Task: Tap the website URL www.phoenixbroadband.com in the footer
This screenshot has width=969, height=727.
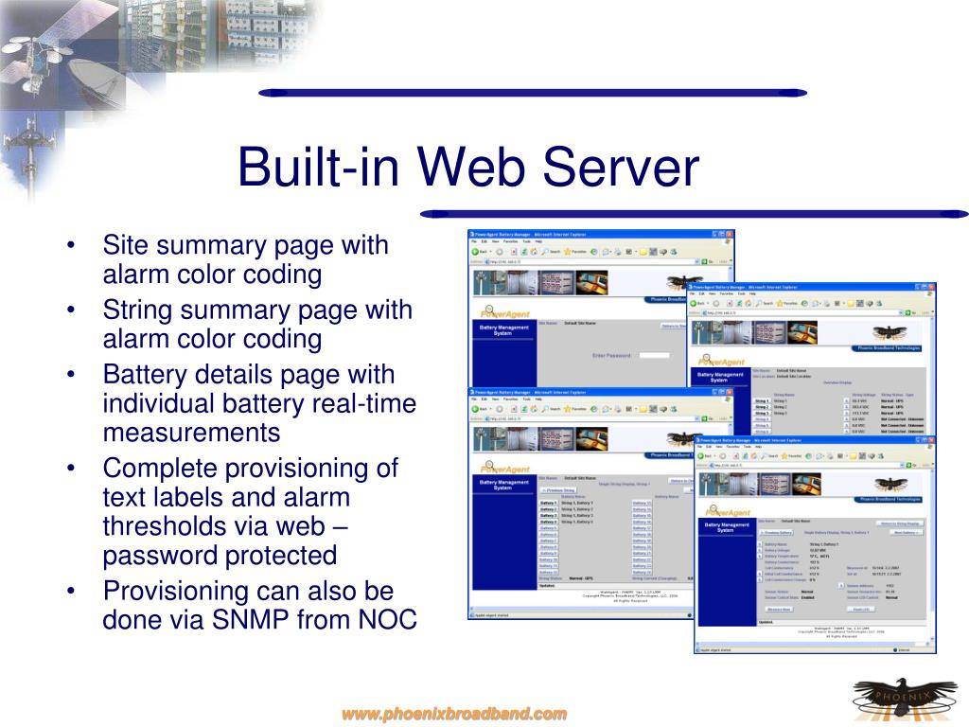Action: click(454, 713)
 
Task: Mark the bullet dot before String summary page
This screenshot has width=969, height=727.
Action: click(73, 310)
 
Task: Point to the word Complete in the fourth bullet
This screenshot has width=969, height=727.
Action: click(156, 468)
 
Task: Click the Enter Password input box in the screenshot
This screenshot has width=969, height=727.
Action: click(654, 355)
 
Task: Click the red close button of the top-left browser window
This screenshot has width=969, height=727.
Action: click(729, 233)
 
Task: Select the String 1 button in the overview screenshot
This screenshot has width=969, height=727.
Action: click(762, 401)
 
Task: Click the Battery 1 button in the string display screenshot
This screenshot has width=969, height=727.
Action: click(548, 503)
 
